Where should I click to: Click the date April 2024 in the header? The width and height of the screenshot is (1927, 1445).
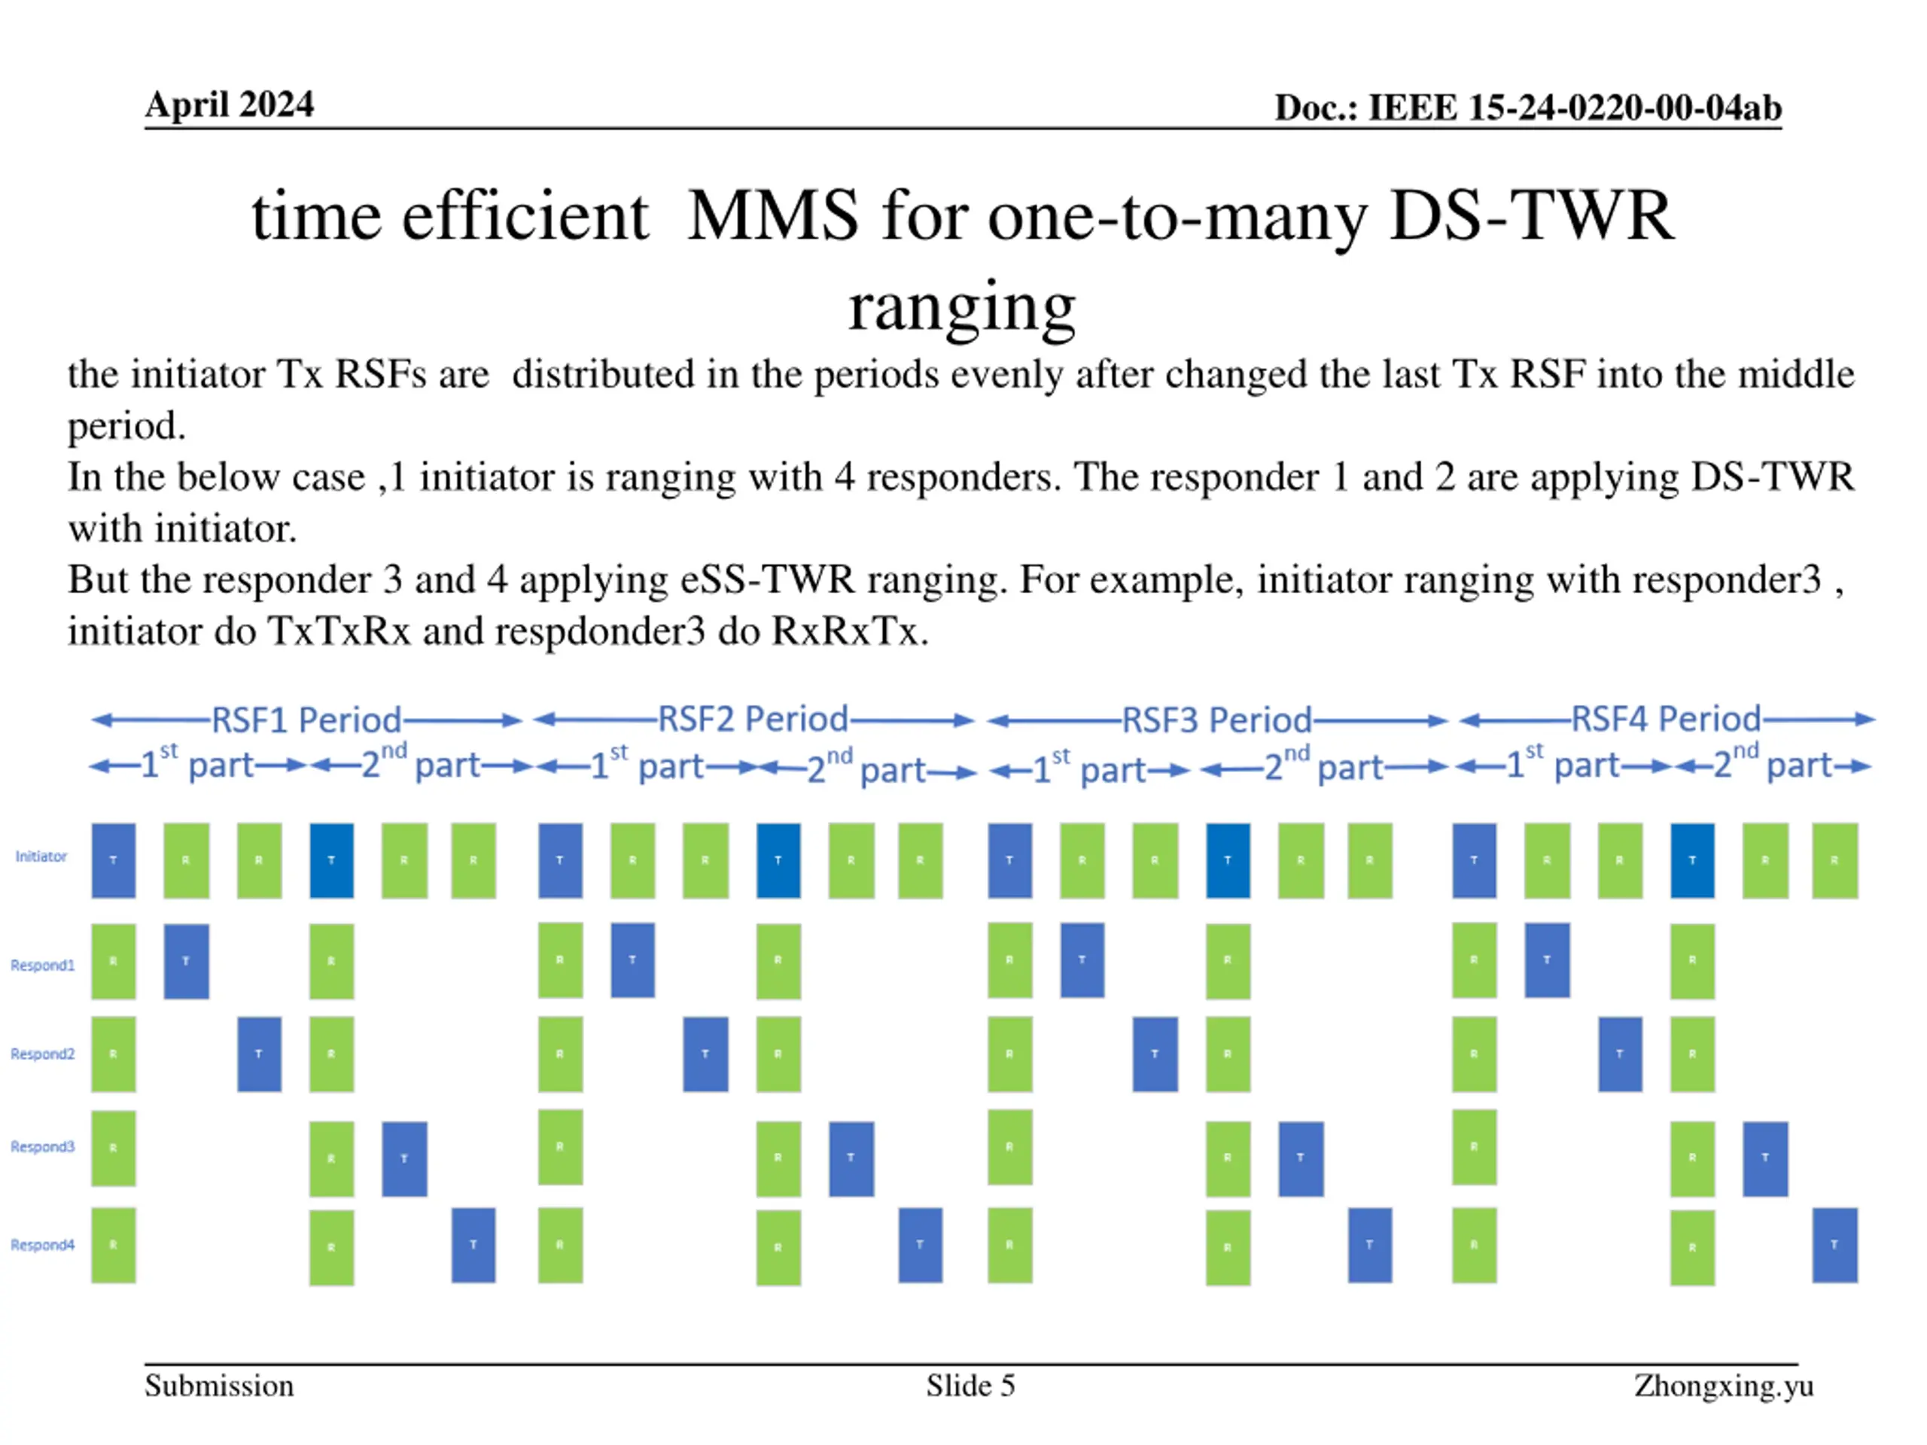tap(229, 105)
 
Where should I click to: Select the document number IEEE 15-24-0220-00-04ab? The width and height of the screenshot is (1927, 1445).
tap(1527, 108)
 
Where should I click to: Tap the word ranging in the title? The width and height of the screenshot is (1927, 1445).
tap(962, 306)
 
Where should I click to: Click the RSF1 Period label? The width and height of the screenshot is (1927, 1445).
tap(306, 720)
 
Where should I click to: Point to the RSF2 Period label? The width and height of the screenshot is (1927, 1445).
tap(753, 719)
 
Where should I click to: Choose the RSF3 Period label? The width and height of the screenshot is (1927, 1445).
tap(1216, 720)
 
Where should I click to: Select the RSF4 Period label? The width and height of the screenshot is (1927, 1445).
tap(1666, 719)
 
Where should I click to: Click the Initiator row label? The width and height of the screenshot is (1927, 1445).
tap(41, 856)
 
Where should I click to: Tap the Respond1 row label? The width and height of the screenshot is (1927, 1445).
tap(43, 965)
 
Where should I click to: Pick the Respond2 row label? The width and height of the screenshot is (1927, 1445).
tap(43, 1054)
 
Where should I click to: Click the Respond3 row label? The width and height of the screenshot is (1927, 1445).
tap(43, 1146)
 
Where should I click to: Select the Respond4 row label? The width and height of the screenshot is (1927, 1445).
tap(43, 1245)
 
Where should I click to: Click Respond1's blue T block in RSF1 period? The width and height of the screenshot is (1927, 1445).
tap(187, 961)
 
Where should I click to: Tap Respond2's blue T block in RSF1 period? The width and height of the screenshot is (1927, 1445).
tap(260, 1054)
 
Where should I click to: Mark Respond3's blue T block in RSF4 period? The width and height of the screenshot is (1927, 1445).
tap(1765, 1158)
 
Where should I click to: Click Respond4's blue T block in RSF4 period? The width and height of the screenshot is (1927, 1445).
tap(1834, 1245)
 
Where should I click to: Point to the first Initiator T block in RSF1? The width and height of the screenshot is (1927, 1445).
tap(113, 860)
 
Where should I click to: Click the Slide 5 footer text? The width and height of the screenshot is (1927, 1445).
tap(970, 1386)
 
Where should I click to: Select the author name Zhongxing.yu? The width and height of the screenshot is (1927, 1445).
tap(1723, 1386)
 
